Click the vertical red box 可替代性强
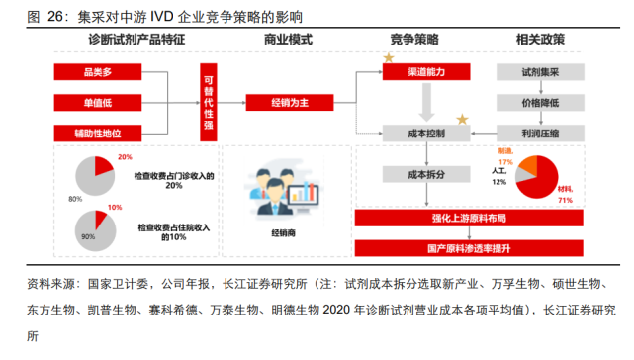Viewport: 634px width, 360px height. pos(208,101)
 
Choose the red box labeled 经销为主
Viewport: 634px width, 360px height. pos(288,101)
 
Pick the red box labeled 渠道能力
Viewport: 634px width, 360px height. pos(425,72)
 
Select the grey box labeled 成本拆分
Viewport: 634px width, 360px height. pos(425,174)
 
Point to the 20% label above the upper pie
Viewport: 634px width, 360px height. pos(125,157)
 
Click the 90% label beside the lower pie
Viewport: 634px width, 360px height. pos(74,238)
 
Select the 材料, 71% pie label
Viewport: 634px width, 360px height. pos(566,199)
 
